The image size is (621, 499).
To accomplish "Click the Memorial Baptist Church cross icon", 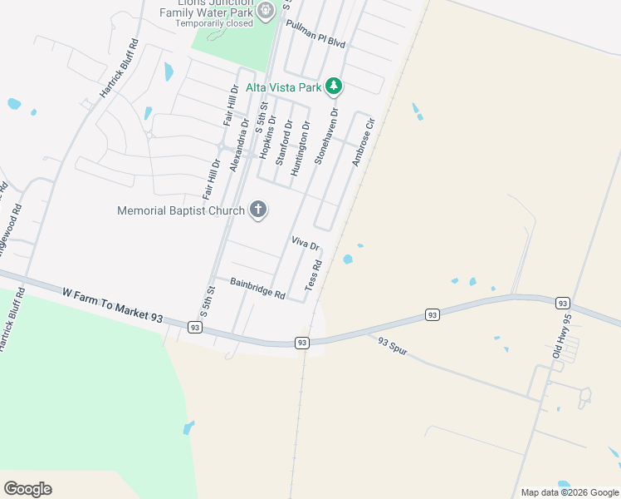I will [258, 210].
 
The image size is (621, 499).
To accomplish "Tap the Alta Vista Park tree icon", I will [334, 86].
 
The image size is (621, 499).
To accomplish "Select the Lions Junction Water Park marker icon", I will [266, 11].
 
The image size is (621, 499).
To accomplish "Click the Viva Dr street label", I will [305, 244].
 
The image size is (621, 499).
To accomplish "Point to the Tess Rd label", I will [313, 274].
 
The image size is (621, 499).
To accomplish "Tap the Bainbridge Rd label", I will [258, 289].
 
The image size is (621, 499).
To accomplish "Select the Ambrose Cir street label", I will [364, 141].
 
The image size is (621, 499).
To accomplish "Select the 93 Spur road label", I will [395, 345].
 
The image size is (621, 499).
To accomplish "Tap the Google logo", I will [28, 489].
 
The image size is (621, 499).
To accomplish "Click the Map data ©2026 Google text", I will [569, 492].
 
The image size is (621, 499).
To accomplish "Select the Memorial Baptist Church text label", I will [181, 211].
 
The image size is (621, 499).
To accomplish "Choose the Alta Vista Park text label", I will [283, 86].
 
